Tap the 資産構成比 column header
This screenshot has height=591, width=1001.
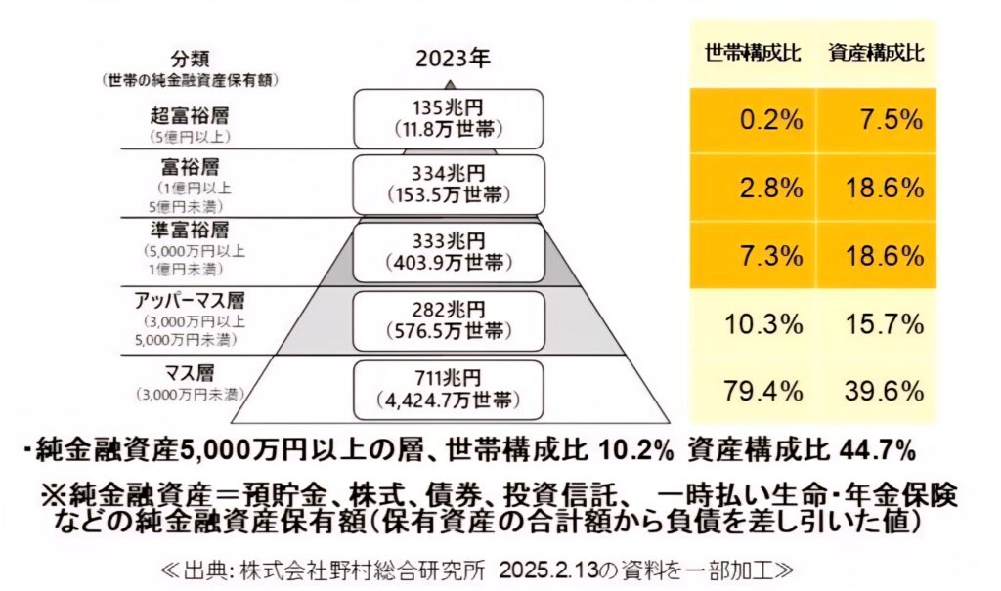coord(875,53)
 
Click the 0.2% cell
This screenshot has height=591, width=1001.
coord(773,120)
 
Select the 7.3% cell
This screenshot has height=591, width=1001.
coord(773,256)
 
